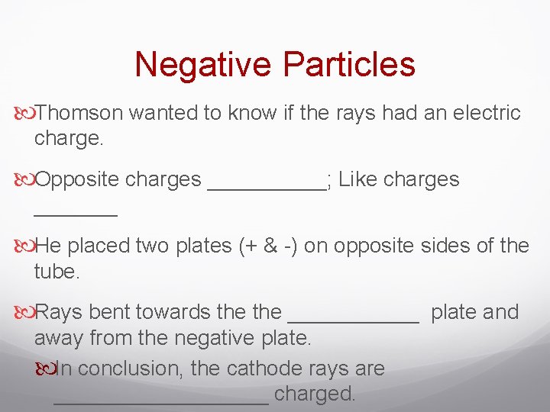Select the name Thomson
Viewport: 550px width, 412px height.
[x=79, y=114]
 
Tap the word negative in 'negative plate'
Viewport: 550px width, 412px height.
[x=218, y=338]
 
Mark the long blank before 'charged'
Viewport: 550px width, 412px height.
[x=161, y=401]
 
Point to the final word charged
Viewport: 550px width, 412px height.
[x=315, y=394]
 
